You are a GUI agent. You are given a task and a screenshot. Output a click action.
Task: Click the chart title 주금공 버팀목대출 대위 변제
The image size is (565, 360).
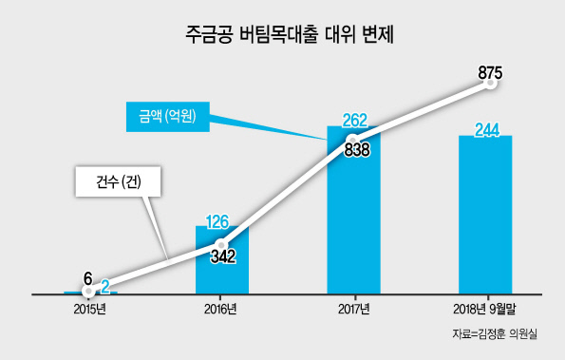[290, 35]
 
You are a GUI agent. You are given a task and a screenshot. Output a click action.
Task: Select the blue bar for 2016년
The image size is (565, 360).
[222, 260]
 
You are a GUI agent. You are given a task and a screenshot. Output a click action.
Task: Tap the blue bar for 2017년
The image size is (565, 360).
[353, 210]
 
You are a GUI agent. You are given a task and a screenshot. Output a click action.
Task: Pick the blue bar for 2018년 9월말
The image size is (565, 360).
[485, 215]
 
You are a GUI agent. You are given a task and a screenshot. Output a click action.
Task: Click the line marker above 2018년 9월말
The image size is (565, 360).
[490, 84]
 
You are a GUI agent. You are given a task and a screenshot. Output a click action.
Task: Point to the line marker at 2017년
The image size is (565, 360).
[353, 140]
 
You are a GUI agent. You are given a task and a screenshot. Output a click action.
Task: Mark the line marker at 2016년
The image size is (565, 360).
[221, 245]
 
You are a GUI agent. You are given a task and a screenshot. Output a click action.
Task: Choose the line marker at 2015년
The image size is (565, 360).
[88, 291]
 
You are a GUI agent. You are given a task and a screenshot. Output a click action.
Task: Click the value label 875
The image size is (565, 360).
[490, 73]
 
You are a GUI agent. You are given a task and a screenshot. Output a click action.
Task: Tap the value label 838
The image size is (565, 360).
[357, 149]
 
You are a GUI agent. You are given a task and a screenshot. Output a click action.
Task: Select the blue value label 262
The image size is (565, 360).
[354, 121]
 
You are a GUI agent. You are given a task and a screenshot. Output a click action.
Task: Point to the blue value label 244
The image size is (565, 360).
[487, 130]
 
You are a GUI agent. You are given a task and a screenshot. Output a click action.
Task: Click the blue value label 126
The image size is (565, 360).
[217, 221]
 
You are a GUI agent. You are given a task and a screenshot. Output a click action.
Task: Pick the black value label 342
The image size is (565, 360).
[223, 256]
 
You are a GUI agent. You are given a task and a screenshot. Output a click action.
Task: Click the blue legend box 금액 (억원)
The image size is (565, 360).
[167, 117]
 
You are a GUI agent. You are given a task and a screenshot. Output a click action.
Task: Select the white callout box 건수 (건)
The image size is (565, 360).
[118, 181]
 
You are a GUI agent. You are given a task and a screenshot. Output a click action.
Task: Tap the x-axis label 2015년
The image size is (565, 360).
[90, 310]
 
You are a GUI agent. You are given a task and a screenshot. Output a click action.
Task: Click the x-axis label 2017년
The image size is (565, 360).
[354, 310]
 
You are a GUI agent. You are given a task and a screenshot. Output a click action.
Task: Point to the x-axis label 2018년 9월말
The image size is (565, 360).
[484, 310]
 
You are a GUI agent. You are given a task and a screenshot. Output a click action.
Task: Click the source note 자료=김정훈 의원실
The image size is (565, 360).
[495, 334]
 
